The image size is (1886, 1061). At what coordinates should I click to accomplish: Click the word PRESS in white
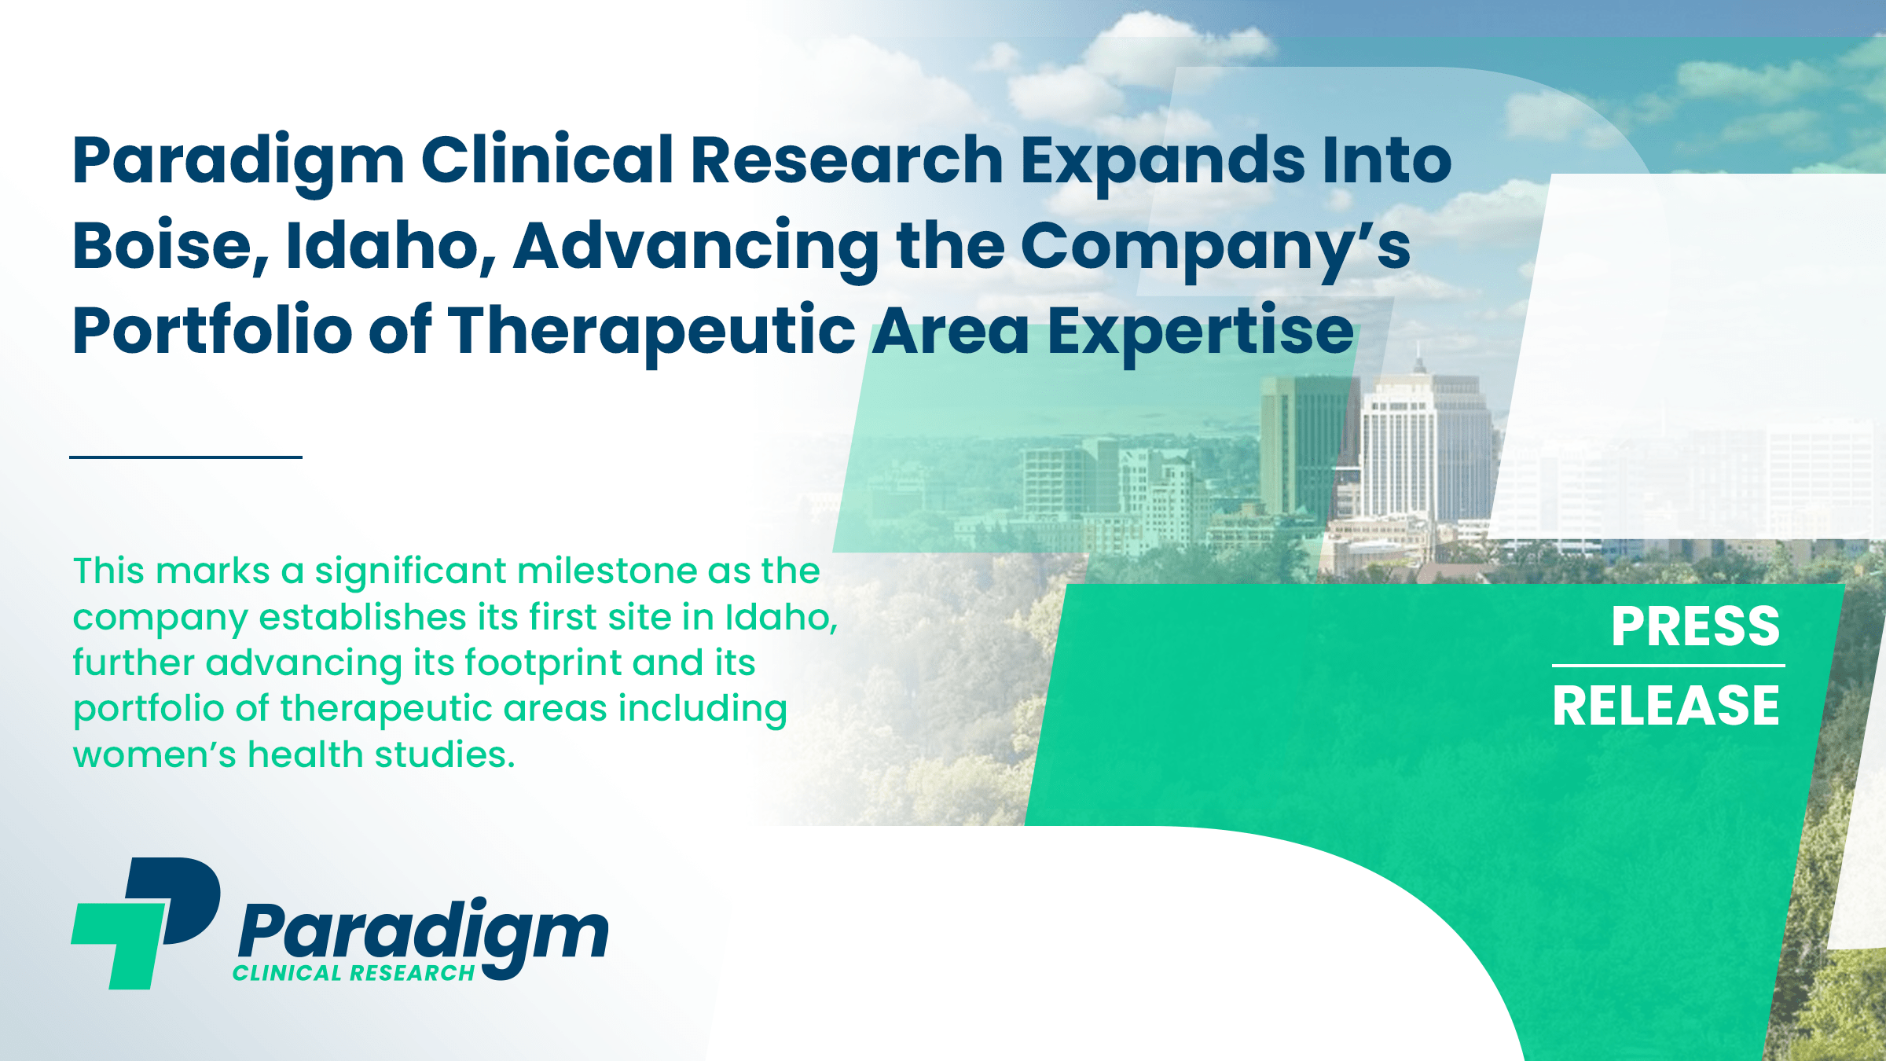pos(1695,626)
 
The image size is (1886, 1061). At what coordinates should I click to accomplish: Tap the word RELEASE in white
pos(1666,705)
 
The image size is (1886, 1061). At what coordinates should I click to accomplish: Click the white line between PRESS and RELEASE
pos(1668,666)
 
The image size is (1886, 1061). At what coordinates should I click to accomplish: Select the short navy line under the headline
pos(185,457)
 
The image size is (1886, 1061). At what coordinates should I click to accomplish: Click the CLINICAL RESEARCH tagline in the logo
pos(354,973)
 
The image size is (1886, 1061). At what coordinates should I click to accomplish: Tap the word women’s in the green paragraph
pos(154,755)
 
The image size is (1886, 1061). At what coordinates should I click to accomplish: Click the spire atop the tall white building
pos(1418,358)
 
